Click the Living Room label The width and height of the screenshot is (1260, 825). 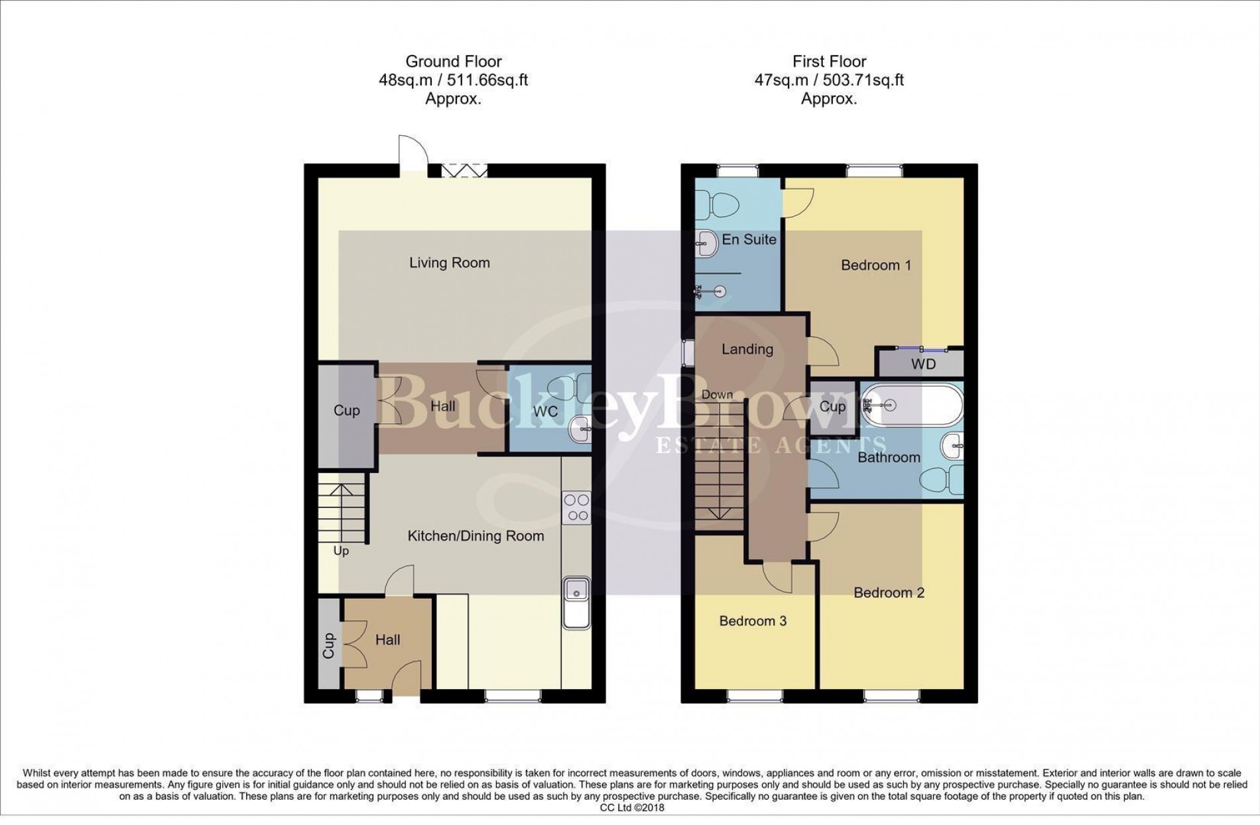click(449, 263)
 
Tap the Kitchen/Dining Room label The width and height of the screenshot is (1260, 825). click(475, 536)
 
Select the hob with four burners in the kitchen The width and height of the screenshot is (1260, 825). click(576, 508)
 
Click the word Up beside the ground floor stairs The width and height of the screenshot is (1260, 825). click(341, 551)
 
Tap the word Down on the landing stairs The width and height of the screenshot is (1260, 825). click(717, 395)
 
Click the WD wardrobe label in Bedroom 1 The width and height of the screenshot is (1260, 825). click(923, 364)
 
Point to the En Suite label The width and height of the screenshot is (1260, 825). click(749, 239)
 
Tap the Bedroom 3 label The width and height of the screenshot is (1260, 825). click(753, 621)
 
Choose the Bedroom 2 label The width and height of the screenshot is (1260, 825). click(889, 592)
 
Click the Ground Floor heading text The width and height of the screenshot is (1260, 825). click(454, 62)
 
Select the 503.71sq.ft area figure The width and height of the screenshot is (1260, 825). click(863, 80)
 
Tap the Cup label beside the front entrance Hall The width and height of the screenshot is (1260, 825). click(329, 645)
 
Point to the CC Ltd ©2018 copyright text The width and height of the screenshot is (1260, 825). click(631, 808)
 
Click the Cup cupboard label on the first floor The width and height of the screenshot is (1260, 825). click(832, 406)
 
